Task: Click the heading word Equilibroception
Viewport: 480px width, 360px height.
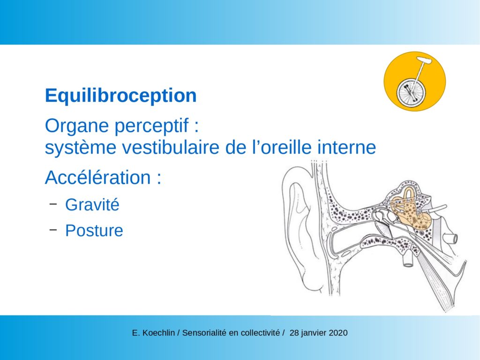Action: [x=120, y=96]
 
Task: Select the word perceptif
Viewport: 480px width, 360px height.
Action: [x=151, y=126]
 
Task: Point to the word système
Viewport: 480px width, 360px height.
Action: [x=81, y=148]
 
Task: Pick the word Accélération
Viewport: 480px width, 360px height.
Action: [x=98, y=177]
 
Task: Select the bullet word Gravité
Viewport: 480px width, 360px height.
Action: [x=92, y=204]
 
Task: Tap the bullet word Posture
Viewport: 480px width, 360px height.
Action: [x=94, y=231]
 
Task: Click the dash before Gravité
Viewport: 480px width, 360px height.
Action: [x=53, y=203]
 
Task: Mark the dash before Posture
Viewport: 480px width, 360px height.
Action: [x=53, y=230]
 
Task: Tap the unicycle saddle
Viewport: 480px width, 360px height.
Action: [x=424, y=60]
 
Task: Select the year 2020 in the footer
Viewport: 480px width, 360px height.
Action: [x=338, y=333]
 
